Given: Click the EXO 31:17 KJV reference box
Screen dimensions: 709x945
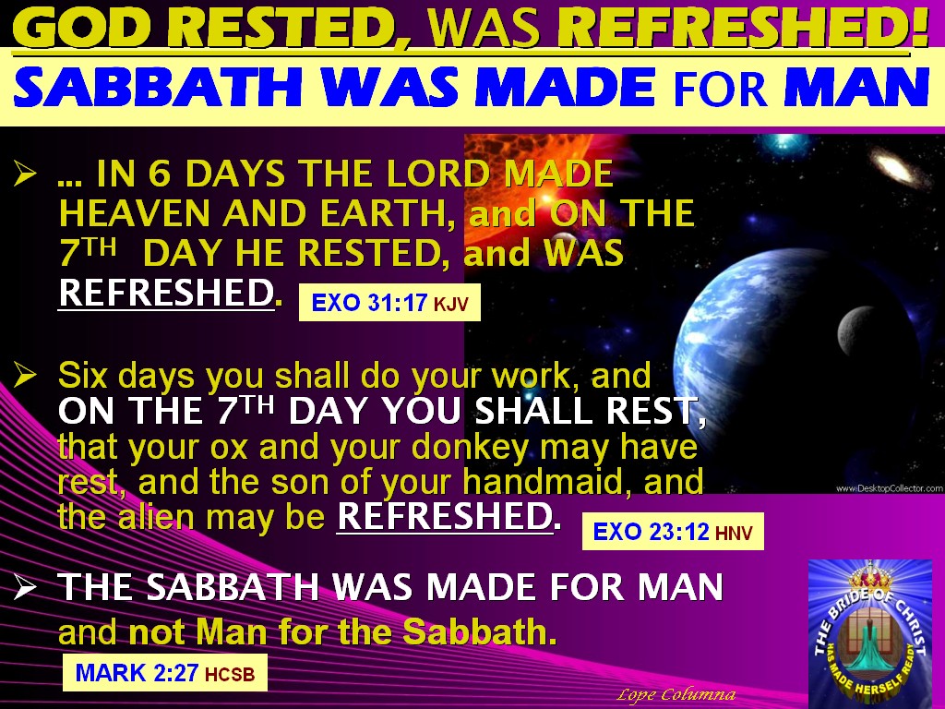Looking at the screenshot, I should click(x=389, y=302).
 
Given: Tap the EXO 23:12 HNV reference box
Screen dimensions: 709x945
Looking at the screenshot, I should click(x=673, y=531).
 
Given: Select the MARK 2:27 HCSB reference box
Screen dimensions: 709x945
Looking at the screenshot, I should click(x=164, y=673).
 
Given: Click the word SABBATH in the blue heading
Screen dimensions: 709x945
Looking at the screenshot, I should click(x=116, y=89).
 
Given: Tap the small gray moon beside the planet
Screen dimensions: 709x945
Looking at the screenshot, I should click(x=851, y=324).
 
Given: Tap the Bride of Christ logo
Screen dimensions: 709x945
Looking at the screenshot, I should click(x=869, y=632).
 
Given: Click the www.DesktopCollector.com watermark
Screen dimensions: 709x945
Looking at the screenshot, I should click(x=888, y=487).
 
